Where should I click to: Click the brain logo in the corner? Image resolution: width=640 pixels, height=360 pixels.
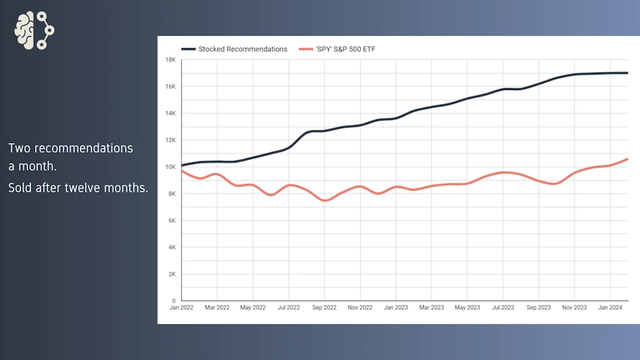point(34,30)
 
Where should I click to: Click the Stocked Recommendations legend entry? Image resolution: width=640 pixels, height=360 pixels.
point(242,49)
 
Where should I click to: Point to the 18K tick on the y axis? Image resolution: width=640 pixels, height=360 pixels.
point(170,60)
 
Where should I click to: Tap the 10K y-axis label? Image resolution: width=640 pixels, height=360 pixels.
point(170,167)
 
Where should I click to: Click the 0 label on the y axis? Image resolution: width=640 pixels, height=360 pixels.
point(174,301)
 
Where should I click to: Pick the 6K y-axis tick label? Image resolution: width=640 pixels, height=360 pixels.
point(172,221)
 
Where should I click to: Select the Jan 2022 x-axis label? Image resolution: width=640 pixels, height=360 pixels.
point(182,307)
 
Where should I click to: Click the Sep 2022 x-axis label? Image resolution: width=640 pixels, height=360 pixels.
point(324,307)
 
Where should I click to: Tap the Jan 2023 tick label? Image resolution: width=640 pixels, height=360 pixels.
point(396,307)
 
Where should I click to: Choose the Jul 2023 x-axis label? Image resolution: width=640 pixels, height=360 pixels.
point(502,307)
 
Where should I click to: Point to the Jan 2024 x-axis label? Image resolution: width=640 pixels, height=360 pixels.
point(610,307)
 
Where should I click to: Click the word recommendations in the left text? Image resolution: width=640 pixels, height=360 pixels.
point(84,149)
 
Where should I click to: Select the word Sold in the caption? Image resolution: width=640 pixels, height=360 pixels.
point(20,187)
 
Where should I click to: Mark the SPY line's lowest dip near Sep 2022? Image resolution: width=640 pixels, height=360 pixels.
point(325,201)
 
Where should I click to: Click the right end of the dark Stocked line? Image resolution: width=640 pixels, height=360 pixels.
point(627,73)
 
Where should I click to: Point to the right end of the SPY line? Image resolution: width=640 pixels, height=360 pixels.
point(627,159)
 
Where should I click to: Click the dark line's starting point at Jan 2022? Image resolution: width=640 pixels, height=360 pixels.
point(182,166)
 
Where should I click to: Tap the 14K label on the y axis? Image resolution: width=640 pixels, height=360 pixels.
point(170,114)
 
